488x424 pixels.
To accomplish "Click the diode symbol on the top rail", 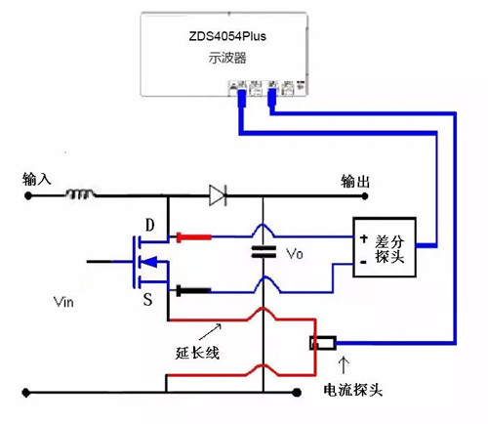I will [x=219, y=195].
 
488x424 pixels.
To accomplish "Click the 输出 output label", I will [x=357, y=181].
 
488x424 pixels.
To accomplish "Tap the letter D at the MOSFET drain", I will [x=149, y=227].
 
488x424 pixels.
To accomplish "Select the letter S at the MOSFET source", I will [x=148, y=299].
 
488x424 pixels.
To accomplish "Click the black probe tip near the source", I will [x=191, y=290].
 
